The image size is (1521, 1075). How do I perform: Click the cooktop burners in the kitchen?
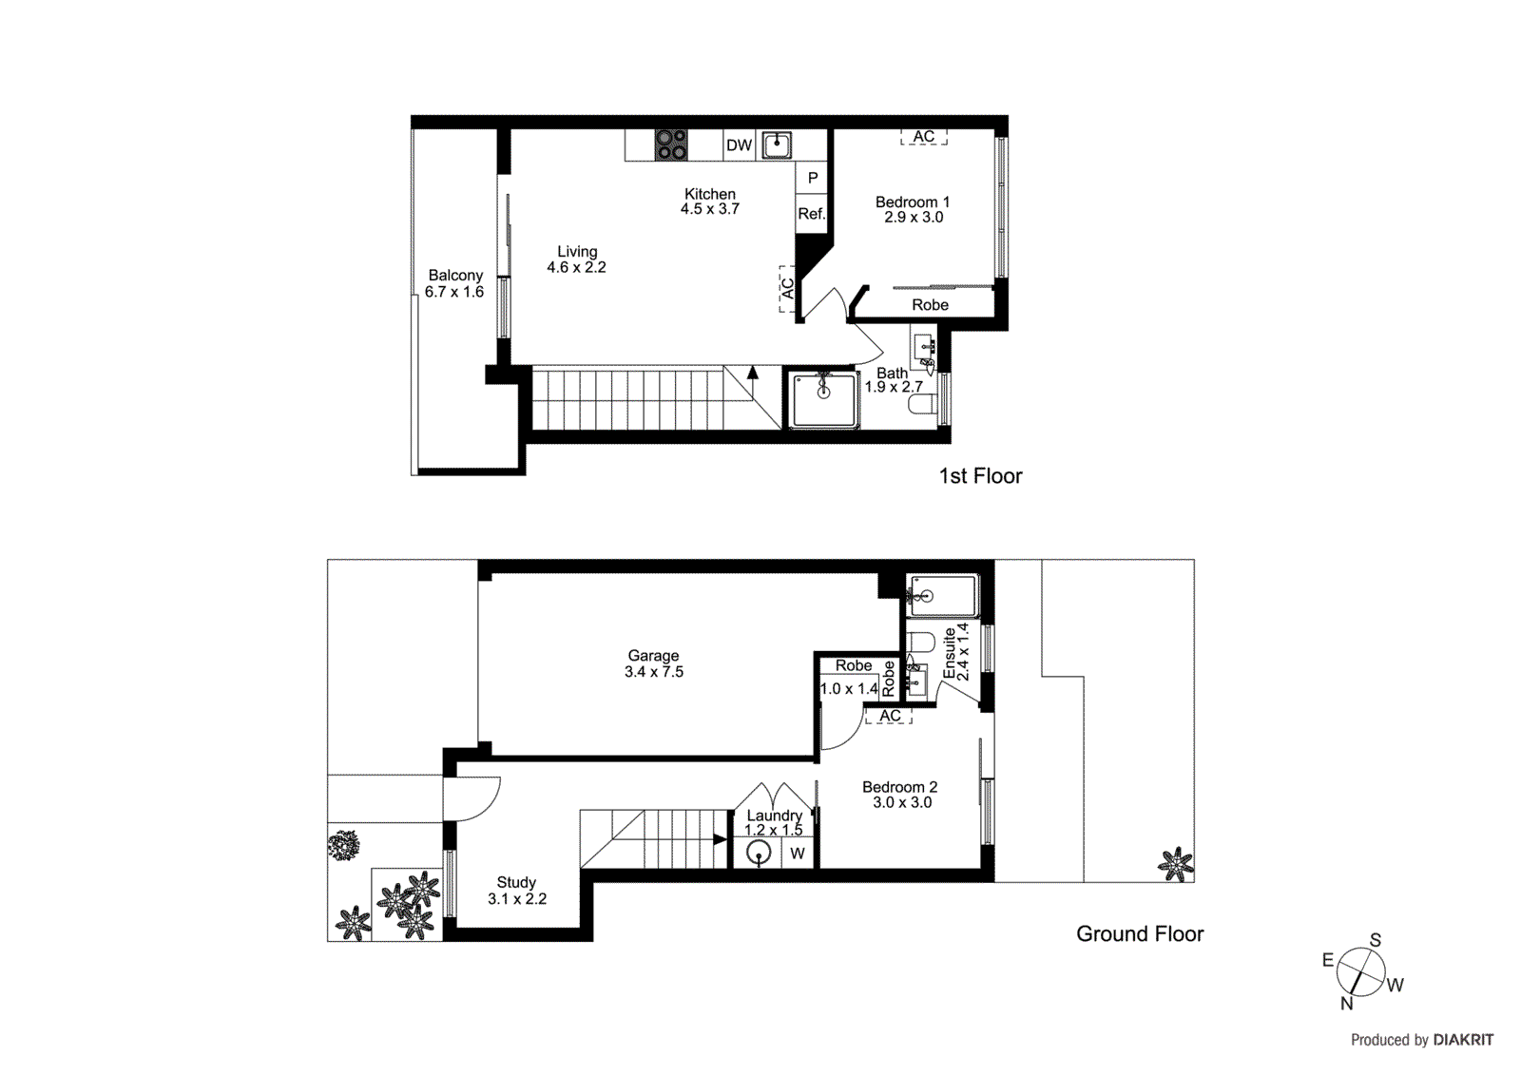click(671, 144)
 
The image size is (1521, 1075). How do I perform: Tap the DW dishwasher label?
click(739, 145)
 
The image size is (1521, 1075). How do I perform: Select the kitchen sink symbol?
click(778, 144)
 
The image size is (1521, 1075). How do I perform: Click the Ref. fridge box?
click(811, 214)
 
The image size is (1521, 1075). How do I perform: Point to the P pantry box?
click(813, 178)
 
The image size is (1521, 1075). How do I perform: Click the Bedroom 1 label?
click(912, 202)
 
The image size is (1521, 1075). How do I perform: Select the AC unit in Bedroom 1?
click(924, 137)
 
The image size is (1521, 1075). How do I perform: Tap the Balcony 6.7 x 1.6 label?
click(454, 283)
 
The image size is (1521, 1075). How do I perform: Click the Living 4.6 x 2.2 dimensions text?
click(576, 267)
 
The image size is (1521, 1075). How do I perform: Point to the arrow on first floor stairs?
click(753, 373)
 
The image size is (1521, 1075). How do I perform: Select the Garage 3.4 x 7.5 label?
click(653, 663)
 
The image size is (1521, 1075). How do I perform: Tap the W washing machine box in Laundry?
click(798, 854)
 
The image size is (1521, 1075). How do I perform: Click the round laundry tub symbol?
click(759, 854)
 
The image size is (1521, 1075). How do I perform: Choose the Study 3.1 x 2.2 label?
click(516, 891)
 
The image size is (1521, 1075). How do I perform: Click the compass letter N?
click(1346, 1004)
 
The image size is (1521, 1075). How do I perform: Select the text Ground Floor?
click(1139, 934)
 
